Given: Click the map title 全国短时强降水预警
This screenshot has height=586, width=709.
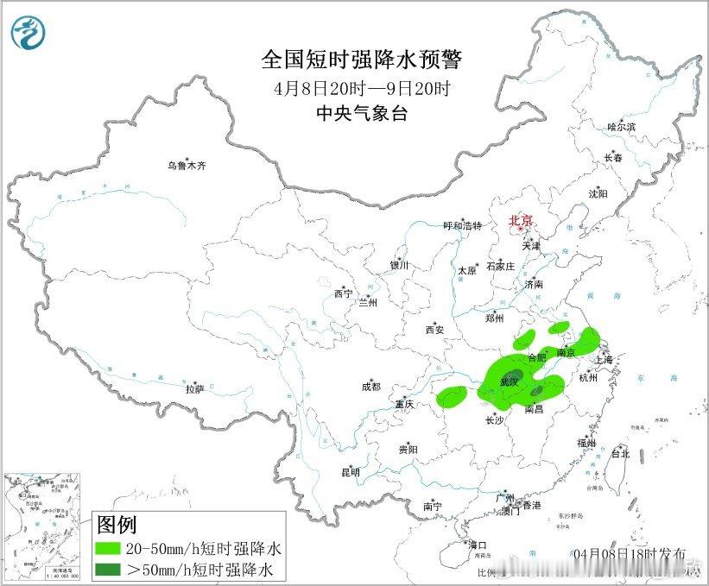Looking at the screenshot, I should click(x=363, y=60).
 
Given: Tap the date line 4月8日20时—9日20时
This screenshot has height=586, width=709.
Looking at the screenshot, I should click(x=363, y=88).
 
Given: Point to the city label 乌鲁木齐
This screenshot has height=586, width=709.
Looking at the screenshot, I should click(x=187, y=165).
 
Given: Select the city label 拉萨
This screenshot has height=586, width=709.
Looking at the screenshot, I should click(x=195, y=389).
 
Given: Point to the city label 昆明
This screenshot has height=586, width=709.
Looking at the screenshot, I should click(x=350, y=472).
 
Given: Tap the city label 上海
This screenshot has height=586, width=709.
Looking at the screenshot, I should click(x=604, y=359).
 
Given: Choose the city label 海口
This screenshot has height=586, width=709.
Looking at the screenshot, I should click(x=478, y=545).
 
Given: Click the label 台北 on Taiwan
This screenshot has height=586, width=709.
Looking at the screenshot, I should click(x=620, y=453).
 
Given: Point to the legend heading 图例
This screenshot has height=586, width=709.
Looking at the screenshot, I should click(x=117, y=524).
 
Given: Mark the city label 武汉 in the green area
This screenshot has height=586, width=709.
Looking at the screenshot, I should click(x=510, y=381).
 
